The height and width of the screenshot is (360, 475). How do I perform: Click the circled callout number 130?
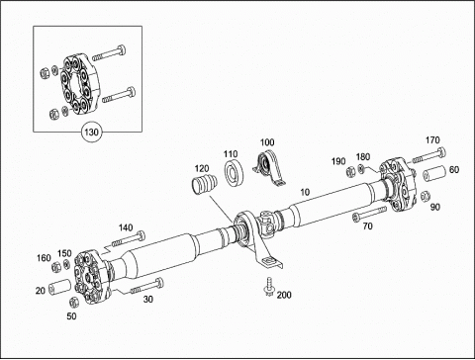click(x=91, y=133)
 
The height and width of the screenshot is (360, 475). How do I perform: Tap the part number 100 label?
click(x=267, y=142)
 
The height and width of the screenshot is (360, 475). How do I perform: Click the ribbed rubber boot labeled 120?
click(x=205, y=185)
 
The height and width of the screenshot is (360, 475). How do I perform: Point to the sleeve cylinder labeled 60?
click(x=433, y=174)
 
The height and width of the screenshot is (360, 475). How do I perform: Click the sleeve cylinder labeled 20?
click(x=60, y=287)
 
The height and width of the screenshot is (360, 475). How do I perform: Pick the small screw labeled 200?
click(x=269, y=287)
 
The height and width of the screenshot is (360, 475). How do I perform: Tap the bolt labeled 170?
click(x=428, y=156)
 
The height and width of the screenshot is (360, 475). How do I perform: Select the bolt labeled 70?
click(x=369, y=214)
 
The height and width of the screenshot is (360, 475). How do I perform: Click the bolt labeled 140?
click(x=128, y=239)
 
